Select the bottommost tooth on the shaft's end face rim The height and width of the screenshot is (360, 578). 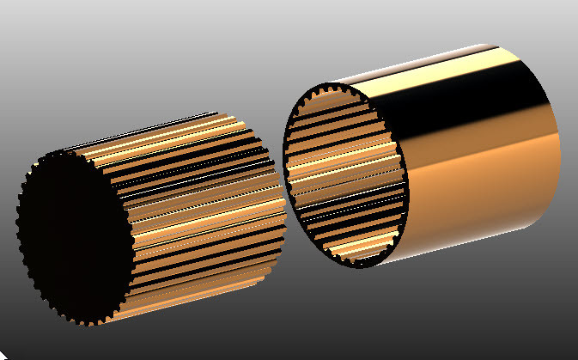tap(89, 325)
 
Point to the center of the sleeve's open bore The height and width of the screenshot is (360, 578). tap(348, 176)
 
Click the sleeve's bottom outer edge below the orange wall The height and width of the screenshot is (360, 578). tap(464, 246)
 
